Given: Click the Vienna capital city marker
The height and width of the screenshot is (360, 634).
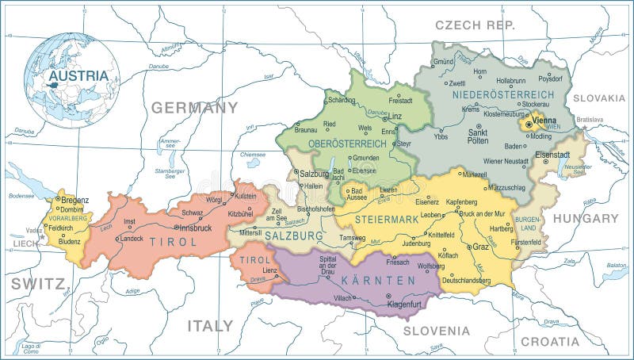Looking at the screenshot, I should tap(529, 124).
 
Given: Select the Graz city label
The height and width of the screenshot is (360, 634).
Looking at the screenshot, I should tap(481, 247).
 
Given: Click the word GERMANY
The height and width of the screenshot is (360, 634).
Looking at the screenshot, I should tap(195, 108).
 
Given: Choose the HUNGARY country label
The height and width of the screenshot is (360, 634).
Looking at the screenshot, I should tap(586, 218).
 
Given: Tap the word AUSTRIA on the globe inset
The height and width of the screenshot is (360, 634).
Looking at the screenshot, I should tap(78, 76).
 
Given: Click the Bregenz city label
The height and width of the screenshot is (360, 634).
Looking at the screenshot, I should tap(74, 201).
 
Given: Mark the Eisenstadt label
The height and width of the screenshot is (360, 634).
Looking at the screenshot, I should tap(552, 155).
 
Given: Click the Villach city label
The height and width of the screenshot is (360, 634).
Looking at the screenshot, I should tap(343, 297).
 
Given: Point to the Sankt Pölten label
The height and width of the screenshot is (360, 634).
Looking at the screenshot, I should tap(477, 136).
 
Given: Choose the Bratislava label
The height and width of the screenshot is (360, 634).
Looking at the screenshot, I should tap(590, 120).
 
